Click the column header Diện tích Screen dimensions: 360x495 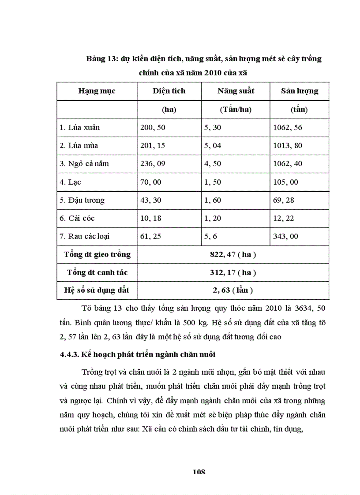[169, 91]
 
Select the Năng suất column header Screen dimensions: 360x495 [236, 91]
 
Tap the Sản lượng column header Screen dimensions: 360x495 [299, 91]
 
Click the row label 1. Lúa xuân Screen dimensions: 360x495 [80, 128]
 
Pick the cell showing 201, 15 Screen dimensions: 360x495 [151, 146]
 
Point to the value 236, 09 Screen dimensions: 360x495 [151, 164]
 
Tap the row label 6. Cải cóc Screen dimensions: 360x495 [77, 218]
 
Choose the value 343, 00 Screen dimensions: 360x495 [285, 236]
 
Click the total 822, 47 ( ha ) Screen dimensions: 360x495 [233, 254]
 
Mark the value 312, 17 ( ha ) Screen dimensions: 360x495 [233, 272]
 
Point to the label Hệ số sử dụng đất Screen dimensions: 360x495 [97, 290]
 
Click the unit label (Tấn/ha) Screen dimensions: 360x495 [236, 110]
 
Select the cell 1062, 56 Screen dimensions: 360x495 [288, 128]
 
